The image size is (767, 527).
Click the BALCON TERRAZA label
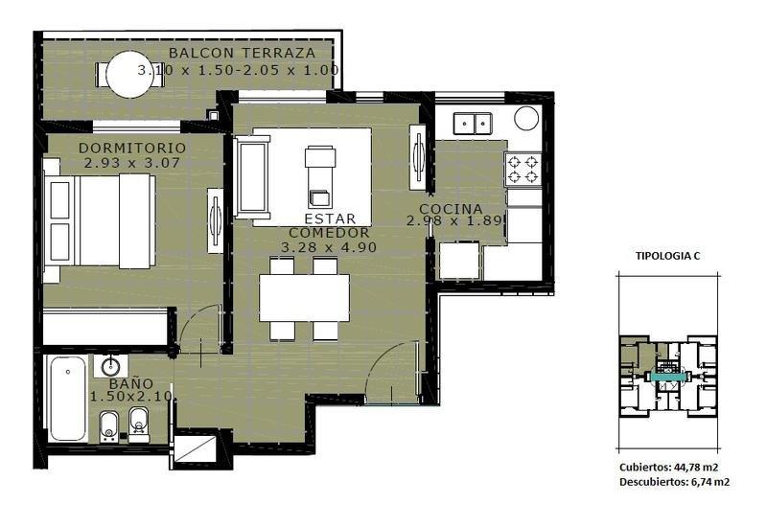click(243, 53)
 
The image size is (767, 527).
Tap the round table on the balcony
click(129, 75)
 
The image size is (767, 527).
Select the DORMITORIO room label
click(132, 148)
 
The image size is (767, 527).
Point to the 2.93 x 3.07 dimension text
click(132, 163)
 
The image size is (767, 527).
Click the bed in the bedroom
click(100, 220)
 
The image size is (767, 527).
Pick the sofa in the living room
click(252, 177)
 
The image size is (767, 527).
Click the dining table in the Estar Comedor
click(304, 298)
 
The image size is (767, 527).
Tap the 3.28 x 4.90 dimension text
click(329, 247)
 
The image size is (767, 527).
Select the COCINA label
click(451, 209)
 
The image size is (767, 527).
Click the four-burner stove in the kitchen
click(523, 169)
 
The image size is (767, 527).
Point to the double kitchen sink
click(473, 124)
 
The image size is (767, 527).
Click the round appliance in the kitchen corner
click(526, 118)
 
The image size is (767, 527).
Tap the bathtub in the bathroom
click(68, 399)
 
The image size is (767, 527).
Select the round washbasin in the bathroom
click(111, 366)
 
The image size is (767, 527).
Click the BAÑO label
click(131, 383)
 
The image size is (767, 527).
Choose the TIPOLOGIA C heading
click(667, 256)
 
